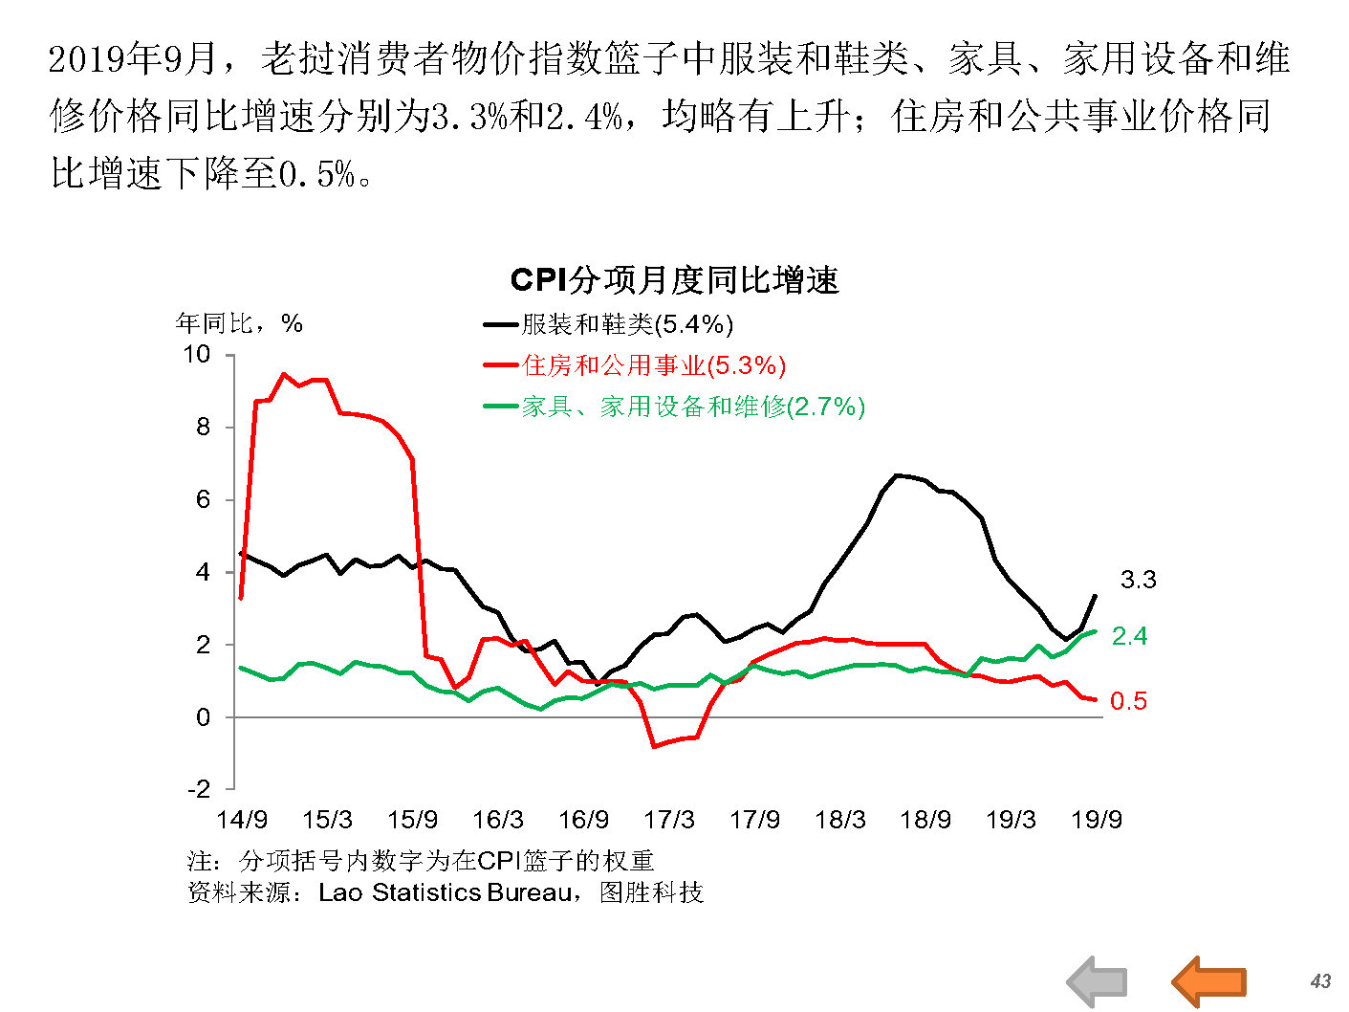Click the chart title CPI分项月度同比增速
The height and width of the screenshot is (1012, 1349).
tap(674, 280)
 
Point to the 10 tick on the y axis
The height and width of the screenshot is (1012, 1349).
tap(196, 355)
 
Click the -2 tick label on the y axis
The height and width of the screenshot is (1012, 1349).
tap(198, 789)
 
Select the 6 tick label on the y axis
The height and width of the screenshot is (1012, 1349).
tap(203, 499)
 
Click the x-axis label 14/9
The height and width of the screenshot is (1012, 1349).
tap(242, 820)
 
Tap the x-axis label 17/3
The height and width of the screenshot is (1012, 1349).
tap(669, 820)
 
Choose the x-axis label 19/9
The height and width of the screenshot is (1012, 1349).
tap(1097, 820)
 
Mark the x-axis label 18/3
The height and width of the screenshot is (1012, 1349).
tap(840, 820)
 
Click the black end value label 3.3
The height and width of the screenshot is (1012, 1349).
tap(1138, 580)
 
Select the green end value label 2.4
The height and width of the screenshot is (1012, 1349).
tap(1129, 636)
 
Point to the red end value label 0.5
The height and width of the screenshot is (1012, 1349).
tap(1128, 701)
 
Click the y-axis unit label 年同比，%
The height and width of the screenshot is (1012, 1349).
tap(239, 323)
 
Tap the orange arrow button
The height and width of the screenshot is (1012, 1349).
tap(1209, 980)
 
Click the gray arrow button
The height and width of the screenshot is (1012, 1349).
tap(1098, 981)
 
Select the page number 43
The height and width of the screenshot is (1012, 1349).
tap(1320, 981)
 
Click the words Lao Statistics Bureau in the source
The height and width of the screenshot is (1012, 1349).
tap(446, 892)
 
